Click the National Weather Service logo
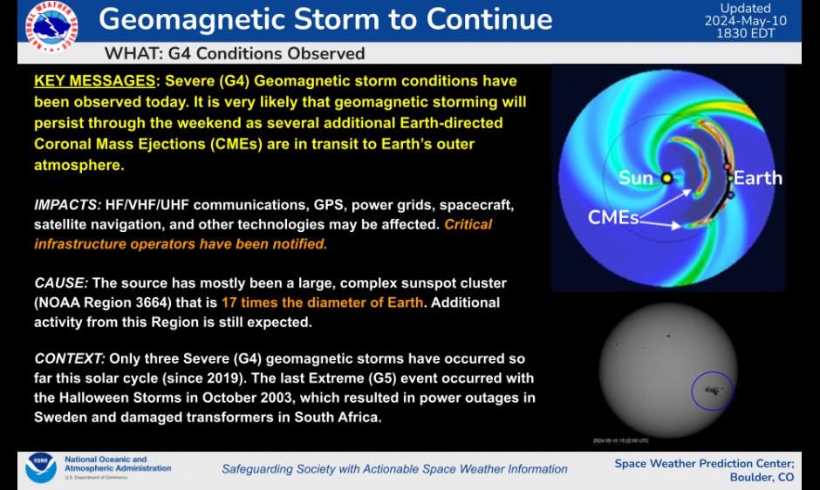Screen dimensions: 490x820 coord(51,25)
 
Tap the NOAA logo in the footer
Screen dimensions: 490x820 coord(40,469)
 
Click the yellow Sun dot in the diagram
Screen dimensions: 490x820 coord(666,178)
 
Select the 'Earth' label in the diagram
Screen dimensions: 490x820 coord(757,178)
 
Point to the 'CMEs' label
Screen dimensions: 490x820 coord(613,217)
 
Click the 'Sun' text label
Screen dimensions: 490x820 coord(636,178)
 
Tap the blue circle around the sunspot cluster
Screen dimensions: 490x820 coord(713,391)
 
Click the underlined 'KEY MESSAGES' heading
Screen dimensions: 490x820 coord(94,82)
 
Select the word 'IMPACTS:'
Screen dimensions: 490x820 coord(67,205)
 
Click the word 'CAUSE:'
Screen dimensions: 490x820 coord(61,283)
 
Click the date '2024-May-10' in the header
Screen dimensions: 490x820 coord(746,21)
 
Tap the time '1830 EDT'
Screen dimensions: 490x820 coord(746,33)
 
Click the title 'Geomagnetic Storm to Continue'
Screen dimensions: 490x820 coord(325,20)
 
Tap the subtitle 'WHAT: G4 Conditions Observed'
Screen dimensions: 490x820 coord(234,54)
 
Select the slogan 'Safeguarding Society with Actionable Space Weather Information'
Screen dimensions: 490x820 coord(394,469)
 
